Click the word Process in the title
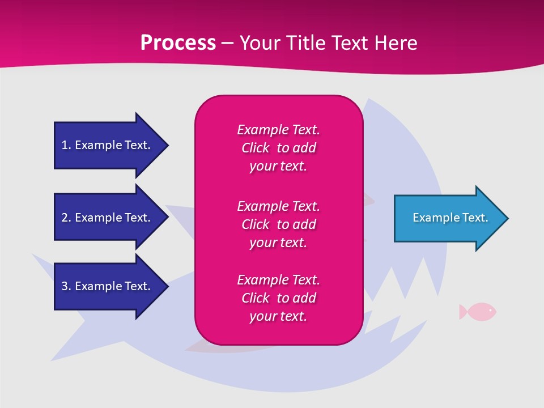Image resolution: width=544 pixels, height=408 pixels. click(178, 43)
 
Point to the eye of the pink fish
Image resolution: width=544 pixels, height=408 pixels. click(490, 309)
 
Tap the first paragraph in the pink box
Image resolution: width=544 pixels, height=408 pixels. click(278, 148)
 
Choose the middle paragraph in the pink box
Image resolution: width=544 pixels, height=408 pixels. click(278, 224)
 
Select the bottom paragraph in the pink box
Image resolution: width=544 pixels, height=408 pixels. click(278, 298)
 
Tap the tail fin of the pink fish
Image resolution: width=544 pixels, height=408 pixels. click(463, 311)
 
